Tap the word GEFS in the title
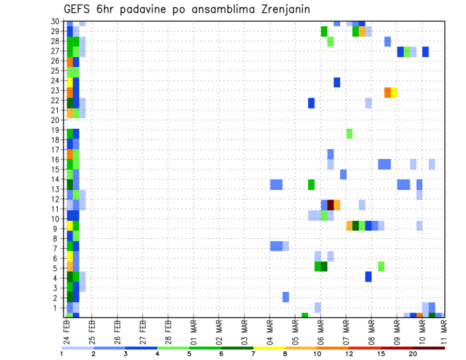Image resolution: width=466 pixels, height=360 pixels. click(78, 9)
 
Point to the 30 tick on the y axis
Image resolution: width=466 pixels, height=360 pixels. click(57, 21)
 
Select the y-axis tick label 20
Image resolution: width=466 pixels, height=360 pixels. click(57, 120)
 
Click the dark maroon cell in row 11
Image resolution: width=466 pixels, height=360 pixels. click(331, 205)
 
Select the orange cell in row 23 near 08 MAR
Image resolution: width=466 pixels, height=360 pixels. click(387, 92)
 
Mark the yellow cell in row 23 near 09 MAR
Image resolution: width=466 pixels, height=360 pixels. click(394, 92)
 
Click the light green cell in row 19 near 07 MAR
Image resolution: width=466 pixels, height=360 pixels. click(349, 133)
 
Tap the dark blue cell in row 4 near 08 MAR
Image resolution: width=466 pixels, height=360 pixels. click(368, 277)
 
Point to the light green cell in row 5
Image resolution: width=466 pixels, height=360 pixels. click(381, 266)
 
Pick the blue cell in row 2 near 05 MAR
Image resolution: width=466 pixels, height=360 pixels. click(286, 297)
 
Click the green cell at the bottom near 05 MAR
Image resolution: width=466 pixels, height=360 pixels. click(305, 315)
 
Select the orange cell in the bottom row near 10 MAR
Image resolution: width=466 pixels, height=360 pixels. click(419, 315)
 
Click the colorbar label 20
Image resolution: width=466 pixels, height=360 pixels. click(413, 354)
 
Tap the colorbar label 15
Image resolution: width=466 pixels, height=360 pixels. click(382, 354)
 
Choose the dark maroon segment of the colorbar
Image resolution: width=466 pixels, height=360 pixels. click(429, 347)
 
